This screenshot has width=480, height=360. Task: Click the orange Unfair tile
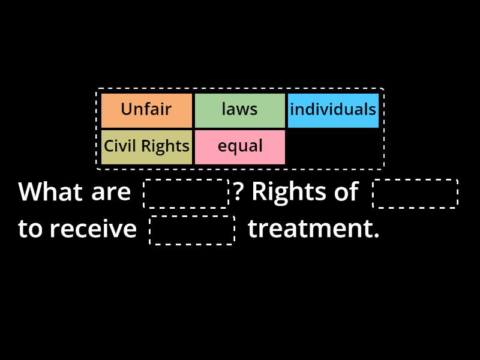[x=146, y=110]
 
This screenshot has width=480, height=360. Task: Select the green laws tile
[x=239, y=110]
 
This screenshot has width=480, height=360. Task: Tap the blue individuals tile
[x=333, y=110]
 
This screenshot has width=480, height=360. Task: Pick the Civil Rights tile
[x=146, y=147]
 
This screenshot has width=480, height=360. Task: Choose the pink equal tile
[x=239, y=147]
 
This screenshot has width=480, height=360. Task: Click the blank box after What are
[x=186, y=193]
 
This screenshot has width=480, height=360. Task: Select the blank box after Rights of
[x=415, y=193]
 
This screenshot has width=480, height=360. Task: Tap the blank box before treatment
[x=192, y=230]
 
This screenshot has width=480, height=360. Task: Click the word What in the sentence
[x=50, y=193]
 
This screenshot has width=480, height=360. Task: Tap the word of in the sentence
[x=347, y=193]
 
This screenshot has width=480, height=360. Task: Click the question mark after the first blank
[x=238, y=193]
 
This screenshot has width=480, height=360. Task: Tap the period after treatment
[x=376, y=236]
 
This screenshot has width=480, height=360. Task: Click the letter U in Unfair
[x=126, y=110]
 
